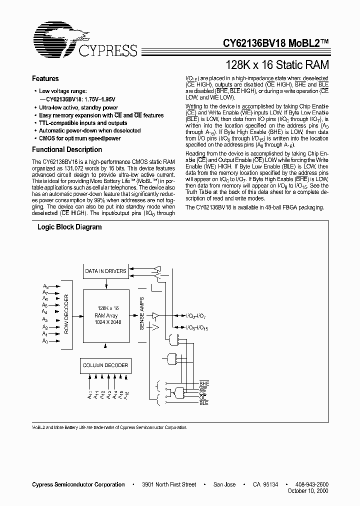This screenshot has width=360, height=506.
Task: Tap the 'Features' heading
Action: click(x=45, y=78)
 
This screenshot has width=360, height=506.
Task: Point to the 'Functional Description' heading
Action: click(x=67, y=149)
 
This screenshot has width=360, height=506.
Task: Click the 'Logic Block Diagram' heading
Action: click(x=70, y=227)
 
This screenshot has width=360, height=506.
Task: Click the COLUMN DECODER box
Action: click(x=105, y=365)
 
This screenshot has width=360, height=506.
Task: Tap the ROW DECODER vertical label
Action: click(x=67, y=313)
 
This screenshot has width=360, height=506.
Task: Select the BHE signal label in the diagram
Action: click(x=204, y=382)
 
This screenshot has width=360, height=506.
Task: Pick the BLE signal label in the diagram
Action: click(x=204, y=402)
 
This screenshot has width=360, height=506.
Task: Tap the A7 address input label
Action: click(x=45, y=292)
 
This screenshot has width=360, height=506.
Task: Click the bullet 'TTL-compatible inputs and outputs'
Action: click(x=83, y=123)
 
